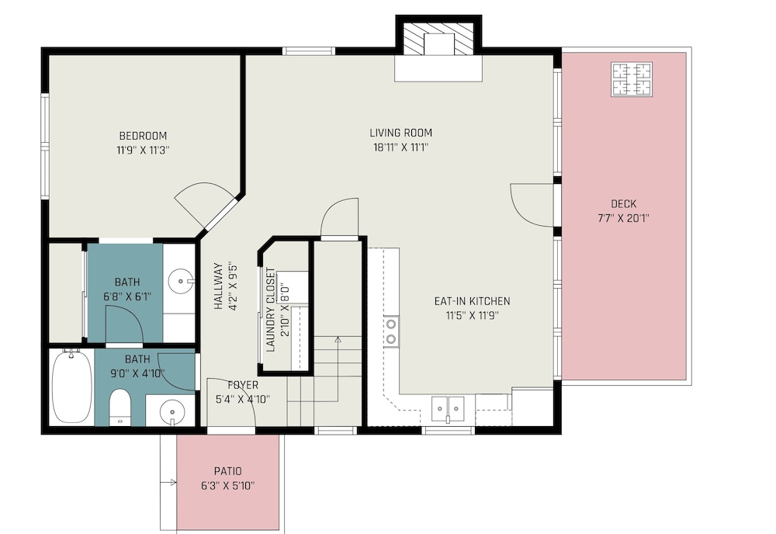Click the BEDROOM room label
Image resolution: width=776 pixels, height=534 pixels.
click(143, 136)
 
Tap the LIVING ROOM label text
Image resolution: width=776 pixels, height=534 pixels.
click(401, 133)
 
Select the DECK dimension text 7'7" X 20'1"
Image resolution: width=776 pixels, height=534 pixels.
click(624, 218)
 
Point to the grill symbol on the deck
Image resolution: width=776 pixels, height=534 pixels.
click(632, 79)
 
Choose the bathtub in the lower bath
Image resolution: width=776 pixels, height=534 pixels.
click(72, 387)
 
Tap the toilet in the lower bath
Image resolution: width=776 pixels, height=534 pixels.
click(120, 407)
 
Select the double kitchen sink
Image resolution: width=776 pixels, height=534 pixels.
click(448, 409)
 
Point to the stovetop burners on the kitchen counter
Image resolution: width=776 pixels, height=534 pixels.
click(391, 331)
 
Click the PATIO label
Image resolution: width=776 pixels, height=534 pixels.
click(227, 471)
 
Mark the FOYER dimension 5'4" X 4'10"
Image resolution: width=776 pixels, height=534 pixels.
click(243, 399)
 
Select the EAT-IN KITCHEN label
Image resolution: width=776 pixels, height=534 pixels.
click(472, 301)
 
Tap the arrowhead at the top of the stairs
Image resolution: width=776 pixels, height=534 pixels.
click(338, 339)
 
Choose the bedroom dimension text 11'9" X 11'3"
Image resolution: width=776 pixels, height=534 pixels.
click(143, 150)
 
